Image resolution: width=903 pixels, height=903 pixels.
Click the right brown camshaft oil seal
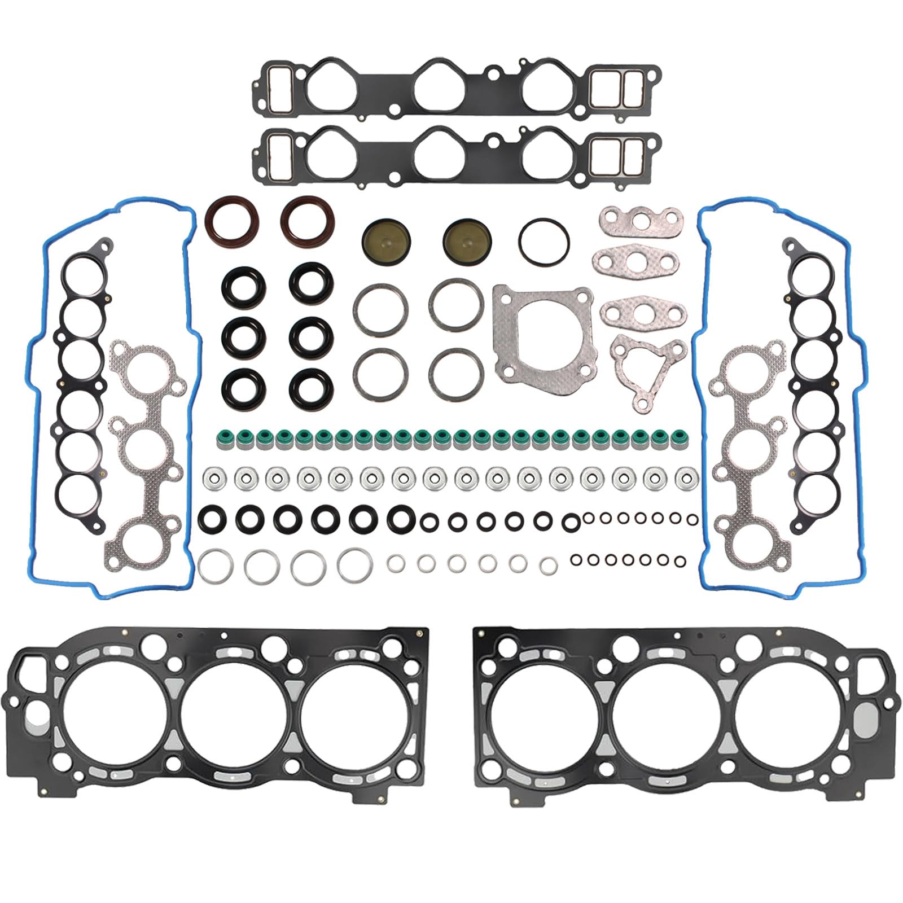point(308,222)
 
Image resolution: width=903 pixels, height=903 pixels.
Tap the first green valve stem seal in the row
point(224,437)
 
